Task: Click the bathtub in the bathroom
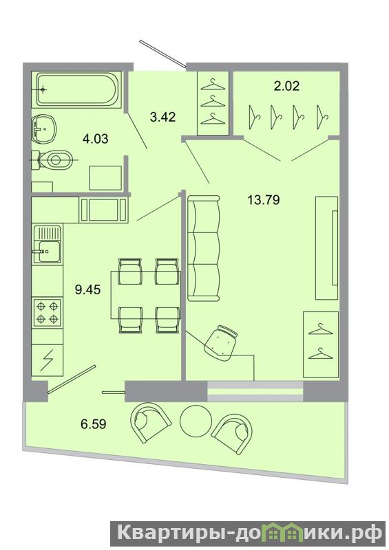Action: click(76, 89)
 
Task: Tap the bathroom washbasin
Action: click(45, 128)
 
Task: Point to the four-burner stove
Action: click(47, 312)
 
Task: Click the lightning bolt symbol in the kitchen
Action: click(47, 360)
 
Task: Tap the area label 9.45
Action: click(87, 289)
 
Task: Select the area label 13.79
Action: click(264, 200)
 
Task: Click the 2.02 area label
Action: click(286, 85)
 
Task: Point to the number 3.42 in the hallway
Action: click(162, 116)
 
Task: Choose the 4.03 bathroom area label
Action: click(95, 139)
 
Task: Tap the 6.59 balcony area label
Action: click(94, 424)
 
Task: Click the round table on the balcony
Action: click(196, 421)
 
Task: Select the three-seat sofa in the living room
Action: click(204, 249)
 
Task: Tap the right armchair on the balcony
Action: click(232, 430)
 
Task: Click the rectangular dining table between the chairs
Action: click(145, 295)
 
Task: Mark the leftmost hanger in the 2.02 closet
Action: click(254, 118)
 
